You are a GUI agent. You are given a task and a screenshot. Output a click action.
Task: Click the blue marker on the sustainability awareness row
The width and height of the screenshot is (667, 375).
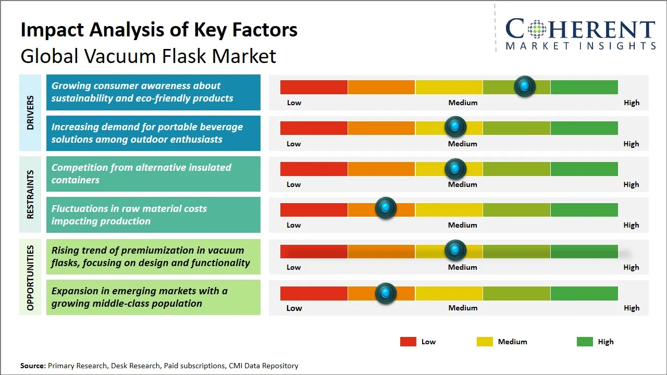click(525, 86)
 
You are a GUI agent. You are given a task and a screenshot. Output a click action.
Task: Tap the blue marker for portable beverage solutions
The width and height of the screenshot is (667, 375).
click(455, 127)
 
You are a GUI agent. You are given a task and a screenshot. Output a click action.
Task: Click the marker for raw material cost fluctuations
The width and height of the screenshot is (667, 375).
click(386, 208)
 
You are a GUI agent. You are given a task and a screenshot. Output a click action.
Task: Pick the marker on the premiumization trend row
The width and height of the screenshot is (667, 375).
click(455, 251)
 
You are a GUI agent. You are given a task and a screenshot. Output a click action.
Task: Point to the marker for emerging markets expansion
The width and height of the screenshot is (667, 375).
click(386, 293)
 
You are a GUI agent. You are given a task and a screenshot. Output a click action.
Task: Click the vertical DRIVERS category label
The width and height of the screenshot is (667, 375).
click(30, 113)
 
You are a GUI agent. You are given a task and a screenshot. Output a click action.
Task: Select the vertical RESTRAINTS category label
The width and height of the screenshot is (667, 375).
click(30, 194)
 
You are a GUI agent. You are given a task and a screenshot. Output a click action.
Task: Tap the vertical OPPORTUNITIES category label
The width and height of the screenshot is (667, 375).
click(30, 278)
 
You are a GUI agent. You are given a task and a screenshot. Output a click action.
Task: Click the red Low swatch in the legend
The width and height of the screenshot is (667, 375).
click(408, 342)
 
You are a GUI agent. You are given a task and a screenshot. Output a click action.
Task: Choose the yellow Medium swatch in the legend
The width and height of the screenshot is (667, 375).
click(485, 342)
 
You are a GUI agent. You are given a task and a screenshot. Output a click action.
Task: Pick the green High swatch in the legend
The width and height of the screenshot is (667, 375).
click(585, 342)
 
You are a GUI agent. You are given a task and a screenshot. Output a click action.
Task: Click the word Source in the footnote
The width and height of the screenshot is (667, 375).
click(33, 366)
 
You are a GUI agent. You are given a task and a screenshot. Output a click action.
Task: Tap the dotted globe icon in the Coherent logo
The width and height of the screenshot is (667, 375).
click(536, 29)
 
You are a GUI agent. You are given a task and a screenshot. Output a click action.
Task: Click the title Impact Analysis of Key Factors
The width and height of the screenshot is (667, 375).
click(159, 30)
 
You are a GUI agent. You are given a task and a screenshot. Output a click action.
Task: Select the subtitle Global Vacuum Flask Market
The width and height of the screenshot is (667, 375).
click(148, 56)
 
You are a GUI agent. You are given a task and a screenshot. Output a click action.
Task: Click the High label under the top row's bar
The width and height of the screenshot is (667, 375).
click(631, 103)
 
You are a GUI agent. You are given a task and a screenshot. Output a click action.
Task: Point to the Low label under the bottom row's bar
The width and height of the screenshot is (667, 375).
click(294, 308)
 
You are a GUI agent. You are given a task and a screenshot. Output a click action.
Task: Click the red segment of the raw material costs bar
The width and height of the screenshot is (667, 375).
click(314, 209)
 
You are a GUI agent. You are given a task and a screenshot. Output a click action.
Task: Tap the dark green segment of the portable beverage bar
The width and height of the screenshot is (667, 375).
click(584, 128)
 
